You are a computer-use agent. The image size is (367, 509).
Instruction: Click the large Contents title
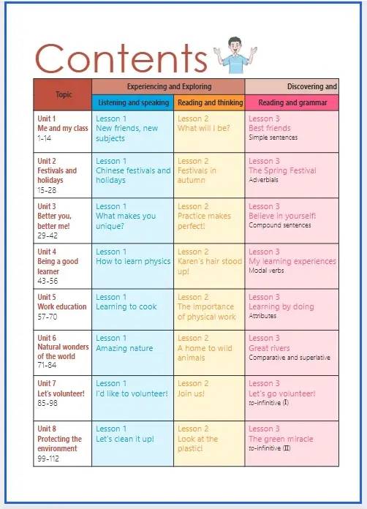click(x=121, y=58)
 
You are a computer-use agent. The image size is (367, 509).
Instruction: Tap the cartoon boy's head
click(x=235, y=45)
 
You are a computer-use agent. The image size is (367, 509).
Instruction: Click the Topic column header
click(x=64, y=95)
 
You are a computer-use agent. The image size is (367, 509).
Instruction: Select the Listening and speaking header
click(x=133, y=102)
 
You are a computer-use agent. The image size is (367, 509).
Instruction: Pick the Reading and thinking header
click(x=210, y=102)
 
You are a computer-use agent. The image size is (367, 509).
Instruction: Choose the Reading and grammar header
click(x=292, y=102)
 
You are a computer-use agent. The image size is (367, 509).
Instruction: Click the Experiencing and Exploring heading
click(x=169, y=87)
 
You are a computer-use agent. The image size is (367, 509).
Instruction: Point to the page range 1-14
click(x=44, y=138)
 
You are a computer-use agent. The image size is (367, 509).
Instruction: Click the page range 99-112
click(x=48, y=459)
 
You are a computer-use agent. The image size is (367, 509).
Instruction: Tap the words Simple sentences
click(x=273, y=137)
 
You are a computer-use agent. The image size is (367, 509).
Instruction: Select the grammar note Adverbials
click(x=263, y=179)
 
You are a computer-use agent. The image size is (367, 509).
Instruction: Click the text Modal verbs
click(x=266, y=271)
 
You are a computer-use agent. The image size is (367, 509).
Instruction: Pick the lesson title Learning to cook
click(x=126, y=306)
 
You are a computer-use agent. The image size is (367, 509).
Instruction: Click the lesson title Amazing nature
click(x=124, y=348)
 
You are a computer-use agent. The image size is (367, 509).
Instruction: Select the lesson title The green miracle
click(x=281, y=439)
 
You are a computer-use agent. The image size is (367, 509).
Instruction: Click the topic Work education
click(x=62, y=306)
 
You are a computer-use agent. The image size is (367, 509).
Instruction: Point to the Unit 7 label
click(x=46, y=383)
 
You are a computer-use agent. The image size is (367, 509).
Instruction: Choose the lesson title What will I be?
click(x=203, y=128)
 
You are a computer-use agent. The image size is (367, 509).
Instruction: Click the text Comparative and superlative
click(x=289, y=358)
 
